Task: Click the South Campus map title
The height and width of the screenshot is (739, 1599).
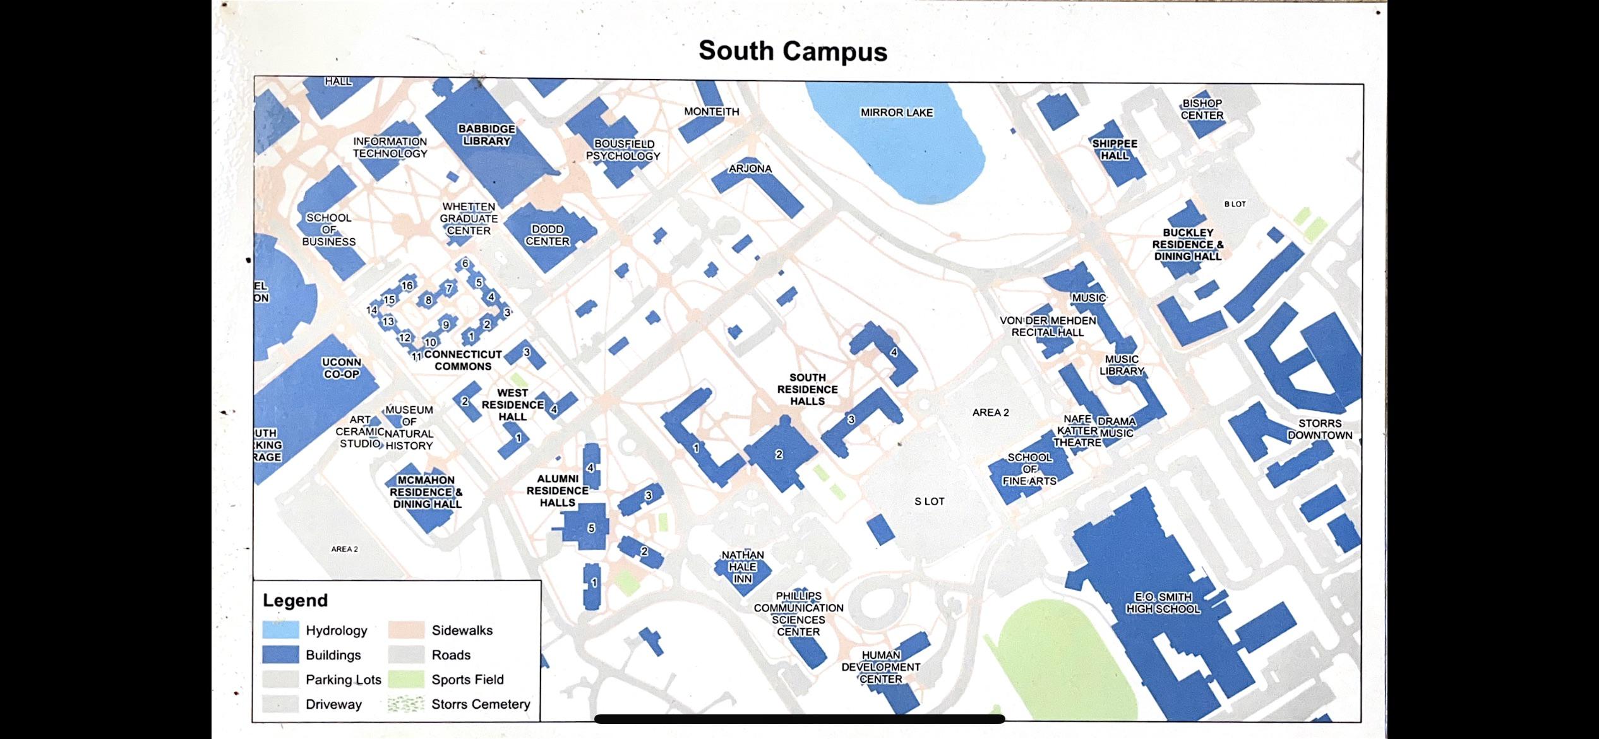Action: pyautogui.click(x=793, y=51)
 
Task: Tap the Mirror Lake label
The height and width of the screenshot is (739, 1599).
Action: pyautogui.click(x=896, y=112)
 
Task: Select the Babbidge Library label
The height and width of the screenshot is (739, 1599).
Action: pyautogui.click(x=486, y=135)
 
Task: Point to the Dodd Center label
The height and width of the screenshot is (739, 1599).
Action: pyautogui.click(x=548, y=235)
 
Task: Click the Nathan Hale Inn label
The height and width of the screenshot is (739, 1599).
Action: pyautogui.click(x=743, y=567)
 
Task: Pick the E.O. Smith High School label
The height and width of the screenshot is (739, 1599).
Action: pyautogui.click(x=1163, y=603)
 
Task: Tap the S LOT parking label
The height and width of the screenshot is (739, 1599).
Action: pyautogui.click(x=929, y=502)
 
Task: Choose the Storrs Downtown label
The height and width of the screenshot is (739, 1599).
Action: pyautogui.click(x=1320, y=430)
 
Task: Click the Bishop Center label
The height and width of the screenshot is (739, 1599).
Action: pyautogui.click(x=1202, y=109)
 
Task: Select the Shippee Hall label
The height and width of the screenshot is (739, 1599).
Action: pyautogui.click(x=1115, y=150)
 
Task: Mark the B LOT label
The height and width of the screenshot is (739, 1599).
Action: pyautogui.click(x=1235, y=204)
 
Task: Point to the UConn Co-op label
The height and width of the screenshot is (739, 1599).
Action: pyautogui.click(x=342, y=368)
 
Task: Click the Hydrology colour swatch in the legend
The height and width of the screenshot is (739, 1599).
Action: pyautogui.click(x=280, y=630)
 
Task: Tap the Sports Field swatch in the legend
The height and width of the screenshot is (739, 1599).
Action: pyautogui.click(x=405, y=680)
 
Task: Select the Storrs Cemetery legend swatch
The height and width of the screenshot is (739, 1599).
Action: pyautogui.click(x=405, y=704)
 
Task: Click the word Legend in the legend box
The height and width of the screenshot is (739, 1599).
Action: pyautogui.click(x=295, y=600)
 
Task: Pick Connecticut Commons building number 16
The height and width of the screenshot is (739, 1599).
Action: pyautogui.click(x=407, y=285)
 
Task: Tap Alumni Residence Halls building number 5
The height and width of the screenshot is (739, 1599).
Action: pyautogui.click(x=591, y=528)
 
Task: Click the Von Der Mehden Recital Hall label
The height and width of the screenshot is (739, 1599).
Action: pyautogui.click(x=1048, y=327)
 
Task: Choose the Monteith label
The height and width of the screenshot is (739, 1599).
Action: pyautogui.click(x=711, y=112)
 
